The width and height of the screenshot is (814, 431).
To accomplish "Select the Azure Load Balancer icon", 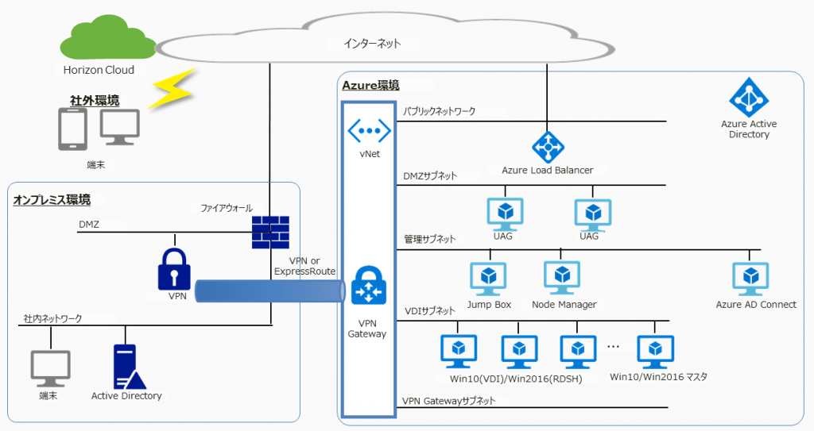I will (x=548, y=146).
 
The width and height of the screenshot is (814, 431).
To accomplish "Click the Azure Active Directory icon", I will (x=749, y=98).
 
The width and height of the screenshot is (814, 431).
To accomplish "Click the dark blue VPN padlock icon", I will (x=174, y=269).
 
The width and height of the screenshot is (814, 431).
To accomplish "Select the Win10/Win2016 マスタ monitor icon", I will (x=656, y=350).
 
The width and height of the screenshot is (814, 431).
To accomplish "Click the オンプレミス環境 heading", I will (x=51, y=200).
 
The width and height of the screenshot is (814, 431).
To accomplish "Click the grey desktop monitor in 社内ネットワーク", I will (x=50, y=368).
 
